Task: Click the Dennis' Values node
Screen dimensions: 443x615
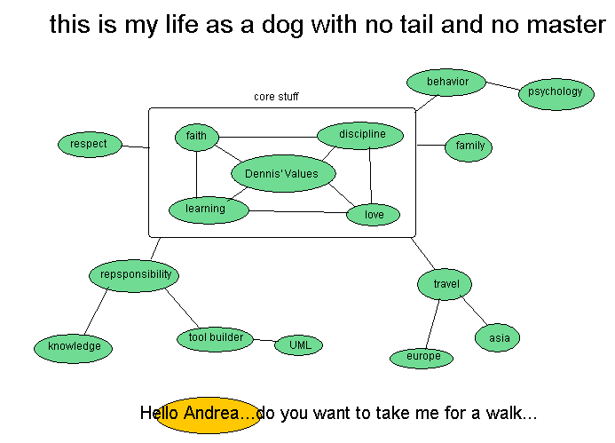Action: (x=282, y=174)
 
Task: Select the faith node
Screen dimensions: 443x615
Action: (x=196, y=137)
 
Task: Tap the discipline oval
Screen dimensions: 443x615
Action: (x=361, y=135)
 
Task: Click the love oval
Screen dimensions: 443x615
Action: (x=374, y=214)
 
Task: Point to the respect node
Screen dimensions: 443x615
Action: (x=89, y=144)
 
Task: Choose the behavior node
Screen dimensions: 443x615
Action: (x=447, y=83)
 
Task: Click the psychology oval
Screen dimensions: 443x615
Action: (x=556, y=91)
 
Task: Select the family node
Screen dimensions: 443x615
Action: (x=469, y=146)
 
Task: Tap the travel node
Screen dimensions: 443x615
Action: (x=445, y=285)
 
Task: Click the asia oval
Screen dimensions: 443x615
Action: (x=498, y=338)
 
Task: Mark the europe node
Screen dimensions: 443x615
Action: (x=422, y=357)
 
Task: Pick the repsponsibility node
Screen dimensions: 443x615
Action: (x=135, y=275)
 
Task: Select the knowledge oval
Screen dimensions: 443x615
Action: (x=74, y=347)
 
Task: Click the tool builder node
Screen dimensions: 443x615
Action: (x=216, y=338)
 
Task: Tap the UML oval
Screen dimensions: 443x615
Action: (x=299, y=344)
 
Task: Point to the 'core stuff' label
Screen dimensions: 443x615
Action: (x=276, y=97)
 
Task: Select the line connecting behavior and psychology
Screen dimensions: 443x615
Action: (x=503, y=87)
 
